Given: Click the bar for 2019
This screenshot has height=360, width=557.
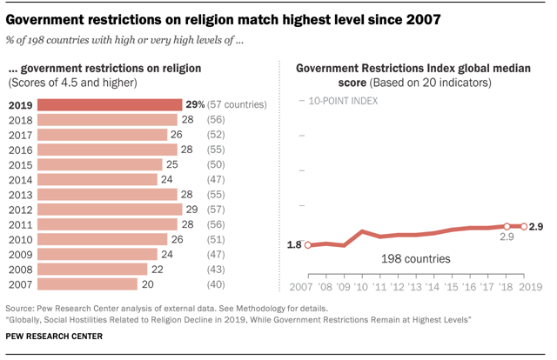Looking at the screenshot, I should [110, 104].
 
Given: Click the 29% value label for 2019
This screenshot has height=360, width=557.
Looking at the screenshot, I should [196, 104].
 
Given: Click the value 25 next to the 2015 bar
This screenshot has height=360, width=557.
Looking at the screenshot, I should [173, 164].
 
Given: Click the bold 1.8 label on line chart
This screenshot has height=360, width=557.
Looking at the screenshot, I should [293, 245].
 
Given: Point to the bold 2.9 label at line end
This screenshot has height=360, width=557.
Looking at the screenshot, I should [536, 226].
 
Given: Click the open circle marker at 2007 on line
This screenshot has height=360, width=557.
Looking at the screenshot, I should [306, 245].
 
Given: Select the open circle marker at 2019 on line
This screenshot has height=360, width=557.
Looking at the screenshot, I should [523, 226].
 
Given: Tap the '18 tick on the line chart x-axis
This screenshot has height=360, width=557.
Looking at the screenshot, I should [506, 286].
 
